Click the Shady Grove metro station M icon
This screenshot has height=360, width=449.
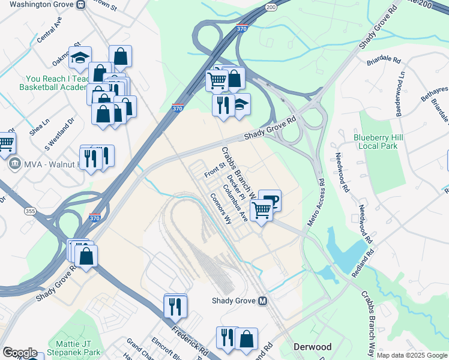[262, 301]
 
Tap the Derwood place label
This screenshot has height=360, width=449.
[312, 347]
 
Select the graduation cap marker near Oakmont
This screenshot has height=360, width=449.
[80, 58]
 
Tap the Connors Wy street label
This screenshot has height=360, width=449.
[220, 208]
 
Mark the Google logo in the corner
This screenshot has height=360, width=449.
[19, 353]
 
